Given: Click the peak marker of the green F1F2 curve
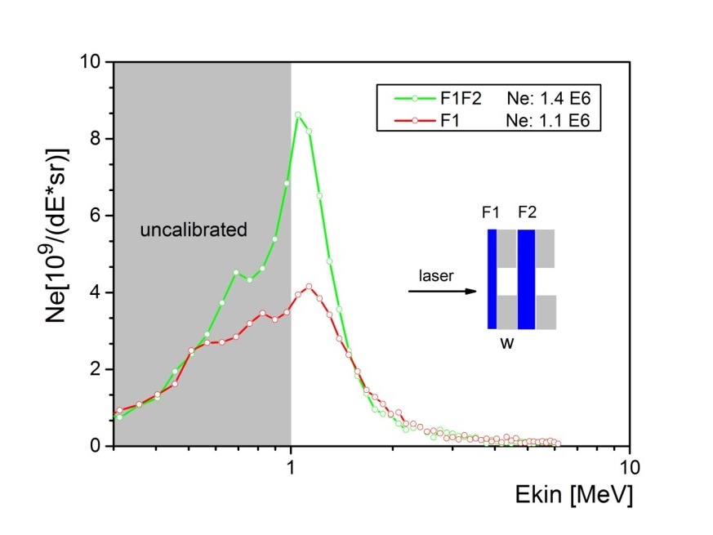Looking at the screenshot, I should point(298,114).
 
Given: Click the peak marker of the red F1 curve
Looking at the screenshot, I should point(309,287).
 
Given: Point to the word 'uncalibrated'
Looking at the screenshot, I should point(193,230).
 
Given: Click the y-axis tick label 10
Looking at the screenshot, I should point(91,62).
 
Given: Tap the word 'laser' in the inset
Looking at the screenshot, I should point(438,275).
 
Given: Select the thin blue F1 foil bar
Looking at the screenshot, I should point(492,279).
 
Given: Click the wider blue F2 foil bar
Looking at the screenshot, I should point(526,279).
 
